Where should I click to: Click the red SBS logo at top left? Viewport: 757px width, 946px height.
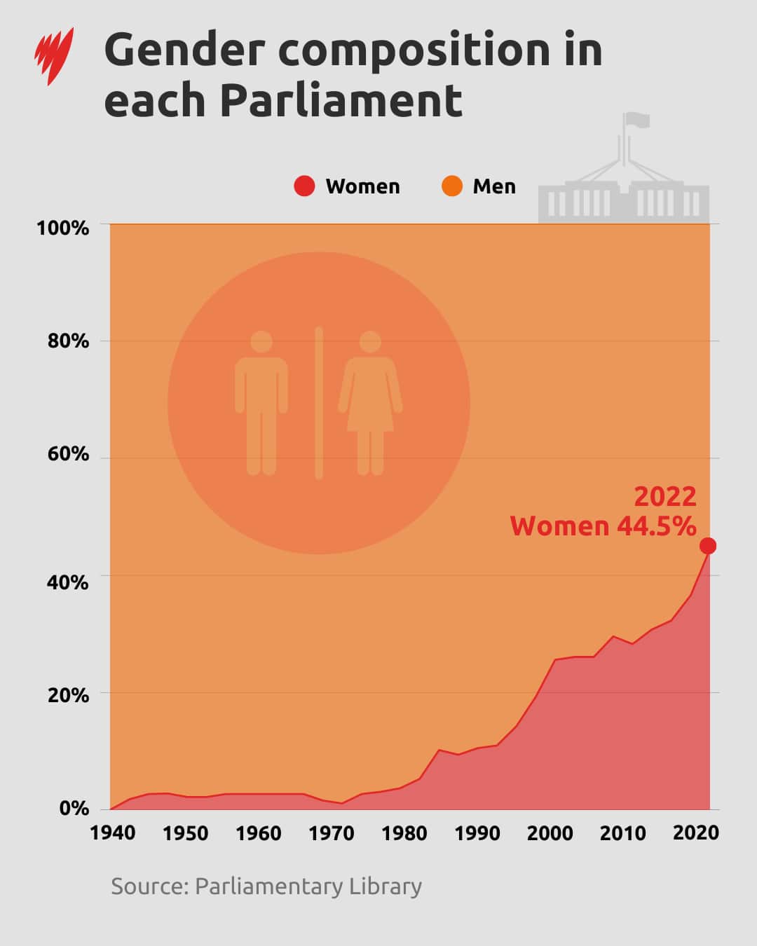(x=54, y=56)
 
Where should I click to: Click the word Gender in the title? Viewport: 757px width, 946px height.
(x=185, y=50)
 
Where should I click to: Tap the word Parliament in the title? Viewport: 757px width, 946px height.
(x=341, y=100)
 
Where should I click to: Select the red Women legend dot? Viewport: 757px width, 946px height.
(x=304, y=186)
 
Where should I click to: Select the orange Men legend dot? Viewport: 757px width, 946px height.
(x=452, y=186)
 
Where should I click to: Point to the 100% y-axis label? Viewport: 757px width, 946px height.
(x=63, y=228)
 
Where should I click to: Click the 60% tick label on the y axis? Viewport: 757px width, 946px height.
(x=68, y=454)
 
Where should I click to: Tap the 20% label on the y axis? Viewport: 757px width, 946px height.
(x=68, y=695)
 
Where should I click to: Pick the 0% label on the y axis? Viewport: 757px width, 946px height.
(x=74, y=808)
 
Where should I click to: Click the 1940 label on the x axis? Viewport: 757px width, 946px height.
(x=113, y=832)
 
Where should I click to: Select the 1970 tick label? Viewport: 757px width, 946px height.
(x=332, y=832)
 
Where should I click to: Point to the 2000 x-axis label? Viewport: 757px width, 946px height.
(x=550, y=832)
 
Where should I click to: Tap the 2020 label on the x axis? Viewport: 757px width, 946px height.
(x=695, y=832)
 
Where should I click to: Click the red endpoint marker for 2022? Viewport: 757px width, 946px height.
(x=708, y=546)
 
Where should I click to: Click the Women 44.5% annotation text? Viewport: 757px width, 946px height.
(x=603, y=526)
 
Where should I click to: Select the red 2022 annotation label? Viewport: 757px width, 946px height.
(x=665, y=497)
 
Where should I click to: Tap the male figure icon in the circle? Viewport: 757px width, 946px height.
(x=261, y=403)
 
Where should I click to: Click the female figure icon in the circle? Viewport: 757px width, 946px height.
(x=370, y=403)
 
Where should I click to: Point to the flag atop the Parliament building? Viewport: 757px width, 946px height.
(x=638, y=120)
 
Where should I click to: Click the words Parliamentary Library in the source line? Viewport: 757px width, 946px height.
(x=308, y=886)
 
